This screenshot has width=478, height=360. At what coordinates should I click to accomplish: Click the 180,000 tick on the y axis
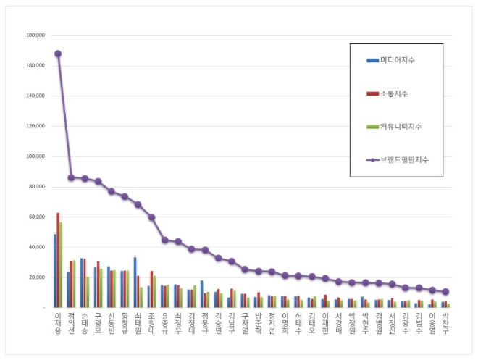click(x=35, y=35)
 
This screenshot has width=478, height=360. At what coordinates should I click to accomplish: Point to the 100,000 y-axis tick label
click(x=35, y=156)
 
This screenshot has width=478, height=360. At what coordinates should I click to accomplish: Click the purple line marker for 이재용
click(x=58, y=54)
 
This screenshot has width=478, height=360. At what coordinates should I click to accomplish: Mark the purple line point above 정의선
click(x=71, y=177)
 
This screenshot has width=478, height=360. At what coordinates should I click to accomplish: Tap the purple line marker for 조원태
click(x=151, y=217)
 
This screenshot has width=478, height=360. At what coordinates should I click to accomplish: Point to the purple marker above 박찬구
click(x=445, y=292)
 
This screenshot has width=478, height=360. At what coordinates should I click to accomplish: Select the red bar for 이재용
click(x=58, y=260)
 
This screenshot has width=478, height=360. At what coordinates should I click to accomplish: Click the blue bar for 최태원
click(x=135, y=282)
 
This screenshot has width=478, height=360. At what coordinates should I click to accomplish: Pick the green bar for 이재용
click(x=62, y=264)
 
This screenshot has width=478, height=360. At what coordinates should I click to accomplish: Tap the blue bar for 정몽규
click(x=202, y=293)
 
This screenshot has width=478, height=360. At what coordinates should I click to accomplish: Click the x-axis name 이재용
click(x=58, y=322)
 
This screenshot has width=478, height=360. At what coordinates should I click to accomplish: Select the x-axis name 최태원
click(x=138, y=322)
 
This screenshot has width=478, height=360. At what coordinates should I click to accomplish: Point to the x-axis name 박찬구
click(x=445, y=322)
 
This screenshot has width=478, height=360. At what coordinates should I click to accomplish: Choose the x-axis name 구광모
click(x=98, y=322)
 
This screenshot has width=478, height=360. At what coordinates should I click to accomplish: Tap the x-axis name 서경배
click(x=338, y=322)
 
